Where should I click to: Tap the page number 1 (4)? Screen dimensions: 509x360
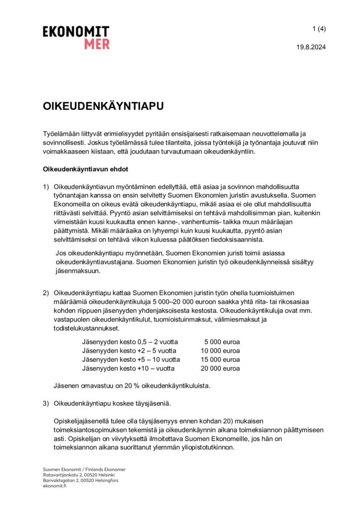[319, 29]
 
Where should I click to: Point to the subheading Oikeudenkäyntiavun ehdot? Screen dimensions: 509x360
[86, 169]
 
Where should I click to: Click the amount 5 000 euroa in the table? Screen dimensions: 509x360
[222, 342]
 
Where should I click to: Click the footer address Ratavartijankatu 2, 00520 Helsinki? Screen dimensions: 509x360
[81, 475]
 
